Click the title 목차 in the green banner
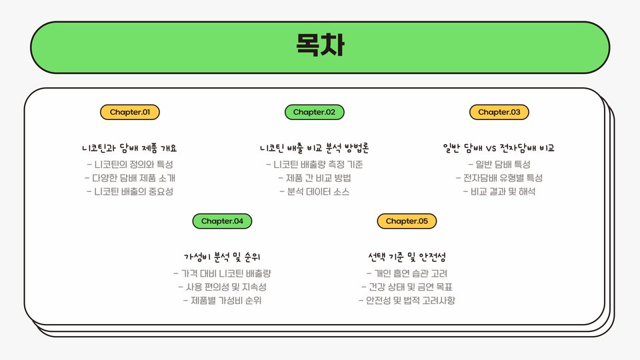click(320, 45)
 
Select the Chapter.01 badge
click(129, 112)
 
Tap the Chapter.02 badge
click(314, 112)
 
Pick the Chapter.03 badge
click(499, 112)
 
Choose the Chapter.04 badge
click(222, 221)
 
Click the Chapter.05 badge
click(407, 221)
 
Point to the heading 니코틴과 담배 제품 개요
click(129, 148)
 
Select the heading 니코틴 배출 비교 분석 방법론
click(314, 148)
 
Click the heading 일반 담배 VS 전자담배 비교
click(499, 148)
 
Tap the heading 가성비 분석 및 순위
click(222, 257)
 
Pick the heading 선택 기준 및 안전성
click(407, 257)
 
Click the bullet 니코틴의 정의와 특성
click(129, 164)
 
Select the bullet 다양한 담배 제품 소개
click(129, 178)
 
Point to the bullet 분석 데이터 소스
click(314, 192)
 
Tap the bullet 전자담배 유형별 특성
click(499, 178)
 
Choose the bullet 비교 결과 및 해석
click(499, 192)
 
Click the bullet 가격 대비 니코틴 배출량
click(222, 273)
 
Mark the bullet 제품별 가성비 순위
click(222, 301)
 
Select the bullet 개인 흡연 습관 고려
click(407, 273)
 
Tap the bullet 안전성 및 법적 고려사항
click(407, 301)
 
